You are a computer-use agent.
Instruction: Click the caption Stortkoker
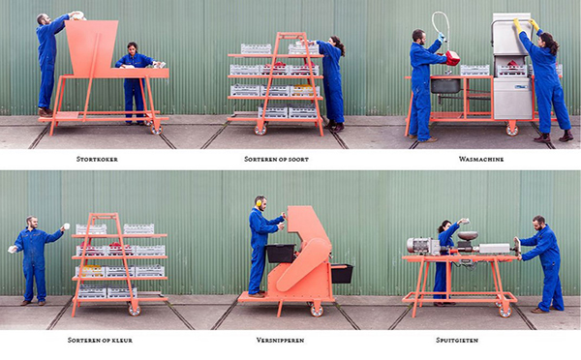click(97, 160)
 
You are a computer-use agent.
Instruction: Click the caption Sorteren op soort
click(276, 160)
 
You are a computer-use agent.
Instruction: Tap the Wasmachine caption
click(481, 160)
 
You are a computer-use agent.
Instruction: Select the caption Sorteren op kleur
click(100, 340)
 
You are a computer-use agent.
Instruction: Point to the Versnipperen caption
click(280, 340)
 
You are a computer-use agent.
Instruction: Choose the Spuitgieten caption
click(457, 340)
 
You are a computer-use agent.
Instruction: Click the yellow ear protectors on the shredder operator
click(259, 203)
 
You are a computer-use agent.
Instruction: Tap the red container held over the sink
click(452, 58)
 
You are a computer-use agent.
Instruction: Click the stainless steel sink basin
click(445, 86)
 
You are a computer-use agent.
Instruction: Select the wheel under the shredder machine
click(317, 311)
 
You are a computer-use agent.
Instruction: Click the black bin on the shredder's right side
click(342, 273)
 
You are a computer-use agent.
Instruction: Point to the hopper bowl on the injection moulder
click(468, 235)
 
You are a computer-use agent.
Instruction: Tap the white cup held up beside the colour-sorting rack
click(67, 225)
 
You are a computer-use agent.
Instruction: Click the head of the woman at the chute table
click(133, 47)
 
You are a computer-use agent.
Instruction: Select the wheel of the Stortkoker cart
click(156, 129)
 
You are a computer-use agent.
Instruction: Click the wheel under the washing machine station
click(511, 130)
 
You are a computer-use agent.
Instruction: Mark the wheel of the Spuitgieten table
click(505, 311)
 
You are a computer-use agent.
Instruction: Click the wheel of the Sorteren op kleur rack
click(135, 310)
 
